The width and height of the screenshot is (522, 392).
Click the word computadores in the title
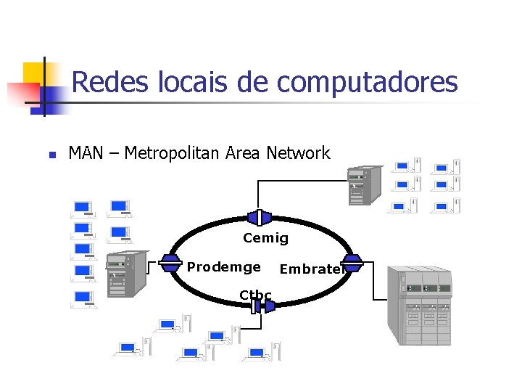[x=368, y=83]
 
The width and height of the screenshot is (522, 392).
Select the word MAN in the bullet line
[x=85, y=153]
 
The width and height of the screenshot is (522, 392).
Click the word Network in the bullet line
[x=298, y=153]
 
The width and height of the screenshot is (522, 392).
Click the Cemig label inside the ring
[x=265, y=238]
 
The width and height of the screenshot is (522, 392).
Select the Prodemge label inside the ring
[x=223, y=267]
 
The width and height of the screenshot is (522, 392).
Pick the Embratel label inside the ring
[x=310, y=269]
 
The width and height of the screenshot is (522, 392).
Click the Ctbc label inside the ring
[x=255, y=295]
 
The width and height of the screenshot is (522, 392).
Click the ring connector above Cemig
[x=259, y=217]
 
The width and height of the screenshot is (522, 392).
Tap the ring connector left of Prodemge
[x=170, y=262]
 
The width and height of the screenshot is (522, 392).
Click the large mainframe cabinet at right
[x=423, y=304]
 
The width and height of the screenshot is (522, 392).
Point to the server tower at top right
[x=364, y=186]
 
